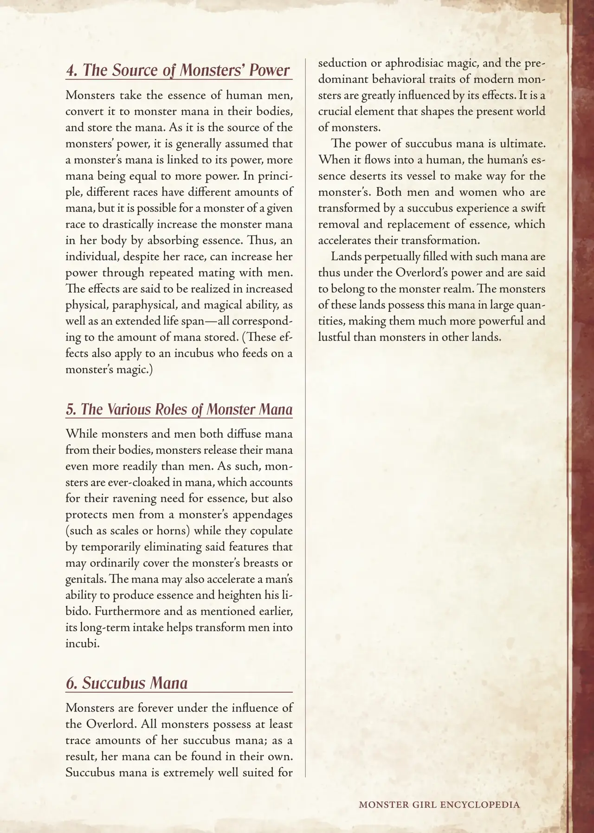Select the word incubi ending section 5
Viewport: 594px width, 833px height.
pyautogui.click(x=82, y=644)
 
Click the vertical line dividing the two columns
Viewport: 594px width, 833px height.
pyautogui.click(x=305, y=417)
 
